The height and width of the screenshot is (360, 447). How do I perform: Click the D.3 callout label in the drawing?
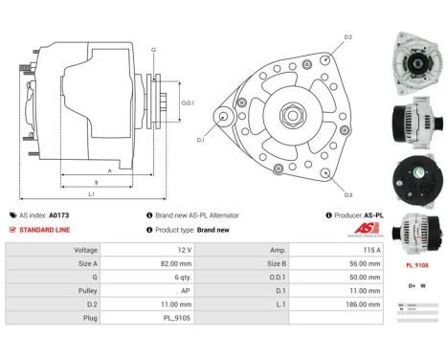click(x=346, y=195)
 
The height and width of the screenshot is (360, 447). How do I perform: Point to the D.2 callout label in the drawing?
click(x=347, y=37)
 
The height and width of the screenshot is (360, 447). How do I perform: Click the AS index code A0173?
click(x=59, y=215)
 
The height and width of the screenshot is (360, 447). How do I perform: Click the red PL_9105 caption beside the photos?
click(x=416, y=264)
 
